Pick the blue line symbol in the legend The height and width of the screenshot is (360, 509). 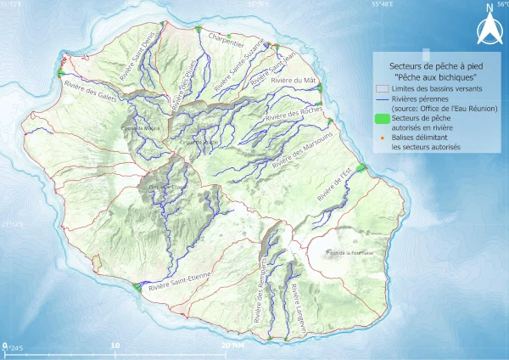383,98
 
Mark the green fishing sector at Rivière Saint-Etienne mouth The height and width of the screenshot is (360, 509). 137,289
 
